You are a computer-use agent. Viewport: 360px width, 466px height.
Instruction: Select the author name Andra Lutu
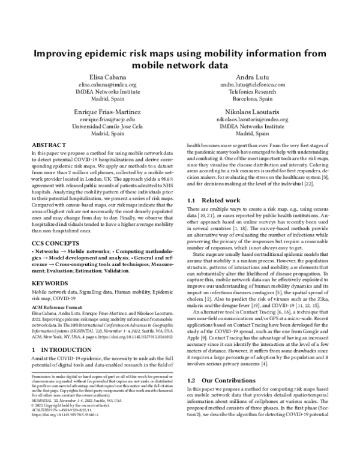251,77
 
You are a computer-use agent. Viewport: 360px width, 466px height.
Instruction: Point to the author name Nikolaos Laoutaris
251,112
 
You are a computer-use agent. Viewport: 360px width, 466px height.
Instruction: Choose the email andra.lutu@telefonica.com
251,85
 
